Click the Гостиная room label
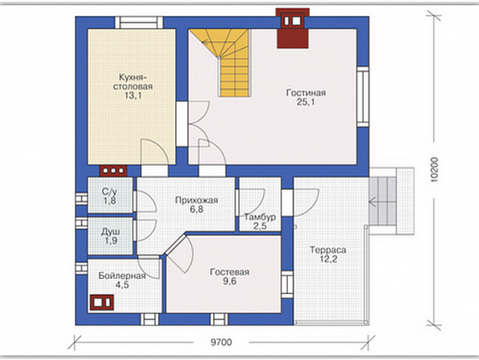pos(306,92)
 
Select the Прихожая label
pos(196,200)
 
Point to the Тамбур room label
pos(260,217)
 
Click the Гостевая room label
pos(230,272)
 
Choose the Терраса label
pos(328,250)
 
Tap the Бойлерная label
pos(122,276)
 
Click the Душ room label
pos(110,231)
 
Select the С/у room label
pos(110,192)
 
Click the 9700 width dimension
pos(221,343)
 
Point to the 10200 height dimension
pos(434,170)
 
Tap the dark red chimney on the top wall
pos(292,28)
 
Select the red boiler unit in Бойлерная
pos(102,303)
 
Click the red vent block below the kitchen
pos(113,171)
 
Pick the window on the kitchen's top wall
pos(139,23)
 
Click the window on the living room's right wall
pos(363,96)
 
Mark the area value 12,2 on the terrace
pos(329,259)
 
